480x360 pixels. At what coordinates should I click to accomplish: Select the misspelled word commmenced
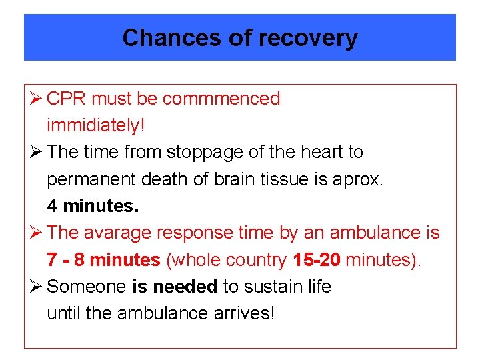pos(221,99)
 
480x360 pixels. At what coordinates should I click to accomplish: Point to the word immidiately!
pos(95,125)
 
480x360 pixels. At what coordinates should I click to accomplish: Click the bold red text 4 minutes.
pos(93,206)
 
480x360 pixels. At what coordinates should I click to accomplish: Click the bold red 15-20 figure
pos(317,259)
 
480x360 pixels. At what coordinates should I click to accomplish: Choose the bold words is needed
pos(175,287)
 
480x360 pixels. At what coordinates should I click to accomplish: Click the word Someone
pos(87,287)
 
